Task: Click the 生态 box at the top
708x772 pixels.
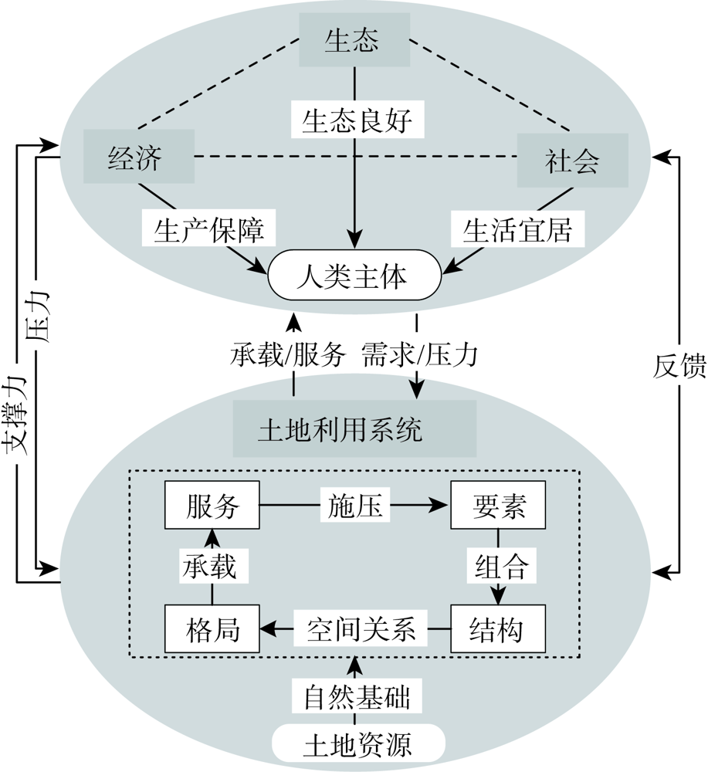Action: coord(354,39)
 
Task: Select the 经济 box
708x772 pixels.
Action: coord(139,157)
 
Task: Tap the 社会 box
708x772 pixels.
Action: coord(573,160)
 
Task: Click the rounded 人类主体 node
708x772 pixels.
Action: coord(354,275)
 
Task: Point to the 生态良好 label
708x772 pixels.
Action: coord(357,119)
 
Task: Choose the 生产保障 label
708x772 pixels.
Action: coord(208,228)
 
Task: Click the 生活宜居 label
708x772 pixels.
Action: coord(517,229)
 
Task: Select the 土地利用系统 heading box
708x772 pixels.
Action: coord(354,428)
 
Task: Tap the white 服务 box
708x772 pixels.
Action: coord(212,505)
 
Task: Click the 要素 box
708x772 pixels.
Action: coord(498,505)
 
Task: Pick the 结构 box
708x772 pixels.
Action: coord(498,628)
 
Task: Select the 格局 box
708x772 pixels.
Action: coord(212,628)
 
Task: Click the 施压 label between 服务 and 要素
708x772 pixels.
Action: coord(354,505)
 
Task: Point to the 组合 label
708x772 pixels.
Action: coord(501,565)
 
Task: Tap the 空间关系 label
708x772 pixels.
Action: coord(361,628)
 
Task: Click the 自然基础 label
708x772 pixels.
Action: coord(357,696)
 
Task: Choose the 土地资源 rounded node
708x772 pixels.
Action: coord(358,743)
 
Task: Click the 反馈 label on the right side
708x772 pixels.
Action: coord(679,366)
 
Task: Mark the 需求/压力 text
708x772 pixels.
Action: coord(419,354)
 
